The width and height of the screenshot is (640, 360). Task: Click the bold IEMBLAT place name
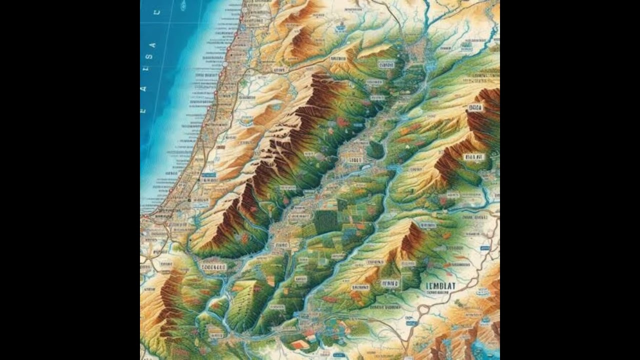pyautogui.click(x=441, y=286)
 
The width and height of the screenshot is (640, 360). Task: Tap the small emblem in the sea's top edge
pyautogui.click(x=182, y=6)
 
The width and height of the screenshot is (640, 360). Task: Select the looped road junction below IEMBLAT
pyautogui.click(x=422, y=310)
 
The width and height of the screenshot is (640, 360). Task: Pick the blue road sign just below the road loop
pyautogui.click(x=411, y=323)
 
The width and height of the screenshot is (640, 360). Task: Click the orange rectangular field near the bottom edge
pyautogui.click(x=299, y=344)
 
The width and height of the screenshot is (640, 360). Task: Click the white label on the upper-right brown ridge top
pyautogui.click(x=474, y=107)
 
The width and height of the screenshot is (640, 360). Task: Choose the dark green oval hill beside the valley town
pyautogui.click(x=375, y=149)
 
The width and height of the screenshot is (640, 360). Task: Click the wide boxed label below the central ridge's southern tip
pyautogui.click(x=213, y=267)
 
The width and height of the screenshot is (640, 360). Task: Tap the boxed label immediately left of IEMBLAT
pyautogui.click(x=390, y=283)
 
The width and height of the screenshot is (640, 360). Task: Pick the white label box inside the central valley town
pyautogui.click(x=354, y=160)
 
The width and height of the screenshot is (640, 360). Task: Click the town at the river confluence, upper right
pyautogui.click(x=417, y=50)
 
